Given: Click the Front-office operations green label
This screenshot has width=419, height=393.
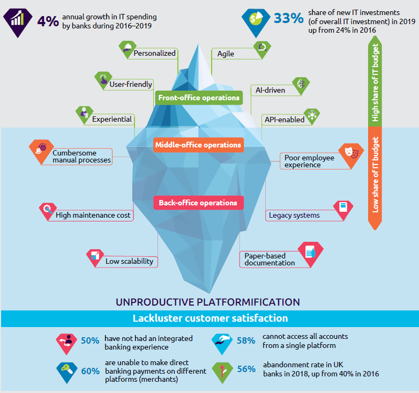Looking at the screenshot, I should click(x=198, y=98).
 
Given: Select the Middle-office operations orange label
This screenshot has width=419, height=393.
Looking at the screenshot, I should click(x=198, y=145).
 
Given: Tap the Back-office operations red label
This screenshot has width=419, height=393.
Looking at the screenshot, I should click(x=198, y=203).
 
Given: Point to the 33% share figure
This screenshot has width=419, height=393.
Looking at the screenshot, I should click(x=288, y=18).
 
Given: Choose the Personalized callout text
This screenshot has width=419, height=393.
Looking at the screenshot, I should click(x=154, y=53).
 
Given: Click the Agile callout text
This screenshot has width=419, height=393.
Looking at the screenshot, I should click(x=226, y=54).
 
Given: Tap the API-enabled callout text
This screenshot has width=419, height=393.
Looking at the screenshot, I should click(x=284, y=120).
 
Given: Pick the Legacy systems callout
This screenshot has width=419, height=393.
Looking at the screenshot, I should click(x=294, y=216).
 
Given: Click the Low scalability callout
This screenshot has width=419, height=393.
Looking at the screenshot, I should click(x=129, y=262).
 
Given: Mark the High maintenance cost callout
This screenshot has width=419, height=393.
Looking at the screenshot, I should click(x=94, y=216).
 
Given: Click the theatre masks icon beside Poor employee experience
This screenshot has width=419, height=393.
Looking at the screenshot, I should click(x=351, y=152).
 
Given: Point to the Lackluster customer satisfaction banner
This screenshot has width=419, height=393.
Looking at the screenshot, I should click(x=209, y=318).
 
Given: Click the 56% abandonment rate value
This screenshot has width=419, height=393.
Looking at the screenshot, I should click(x=245, y=369).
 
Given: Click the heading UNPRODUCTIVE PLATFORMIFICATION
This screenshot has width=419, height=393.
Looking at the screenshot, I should click(x=207, y=301).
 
